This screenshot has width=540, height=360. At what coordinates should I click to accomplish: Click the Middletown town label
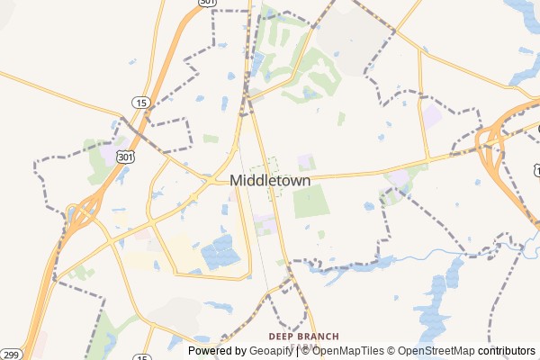click(x=270, y=180)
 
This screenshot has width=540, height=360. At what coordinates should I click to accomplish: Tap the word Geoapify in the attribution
click(x=270, y=351)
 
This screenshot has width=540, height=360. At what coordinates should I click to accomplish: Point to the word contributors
click(x=506, y=351)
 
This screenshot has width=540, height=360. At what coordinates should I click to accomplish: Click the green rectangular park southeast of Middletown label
click(x=310, y=202)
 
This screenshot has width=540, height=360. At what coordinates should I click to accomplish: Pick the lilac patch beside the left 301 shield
click(x=109, y=155)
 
